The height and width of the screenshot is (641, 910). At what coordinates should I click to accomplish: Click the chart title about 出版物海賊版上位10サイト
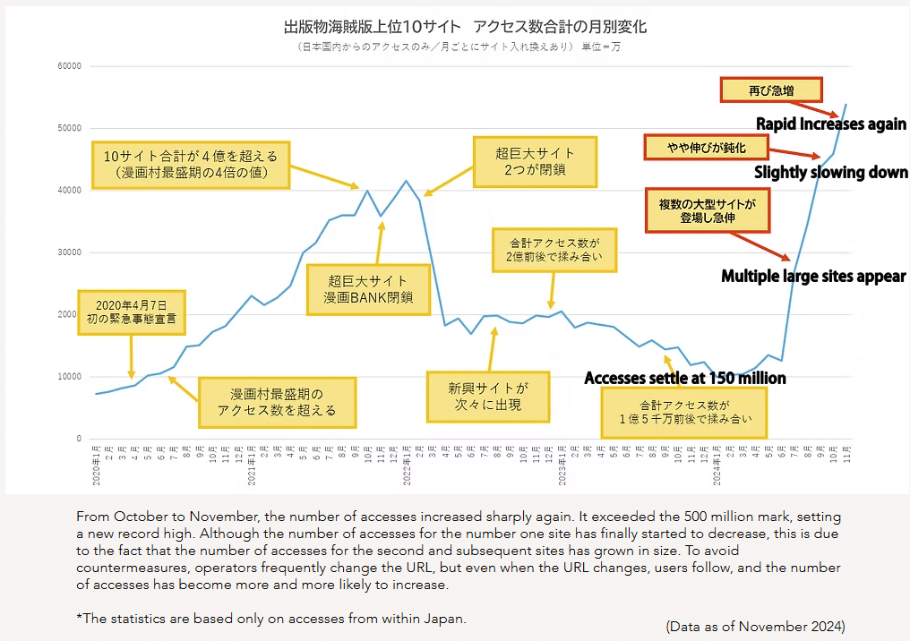(x=464, y=27)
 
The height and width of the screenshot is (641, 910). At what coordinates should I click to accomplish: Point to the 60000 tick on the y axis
(x=68, y=66)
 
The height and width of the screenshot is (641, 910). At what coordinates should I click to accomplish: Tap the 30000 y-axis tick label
(x=68, y=252)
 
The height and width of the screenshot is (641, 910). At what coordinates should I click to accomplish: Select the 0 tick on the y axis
(x=79, y=439)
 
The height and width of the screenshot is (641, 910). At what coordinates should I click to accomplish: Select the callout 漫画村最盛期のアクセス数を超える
(x=277, y=402)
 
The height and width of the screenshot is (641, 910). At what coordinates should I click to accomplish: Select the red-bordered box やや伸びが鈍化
(x=707, y=147)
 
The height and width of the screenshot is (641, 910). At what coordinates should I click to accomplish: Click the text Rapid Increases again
(x=831, y=124)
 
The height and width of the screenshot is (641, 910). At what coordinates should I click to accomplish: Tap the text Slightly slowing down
(x=830, y=172)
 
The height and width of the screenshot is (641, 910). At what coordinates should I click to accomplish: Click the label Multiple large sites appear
(x=813, y=277)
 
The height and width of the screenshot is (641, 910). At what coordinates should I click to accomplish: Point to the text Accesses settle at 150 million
(x=684, y=378)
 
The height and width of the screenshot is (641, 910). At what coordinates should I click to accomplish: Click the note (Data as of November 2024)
(x=755, y=626)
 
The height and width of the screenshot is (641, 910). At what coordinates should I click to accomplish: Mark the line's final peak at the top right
(x=846, y=105)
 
